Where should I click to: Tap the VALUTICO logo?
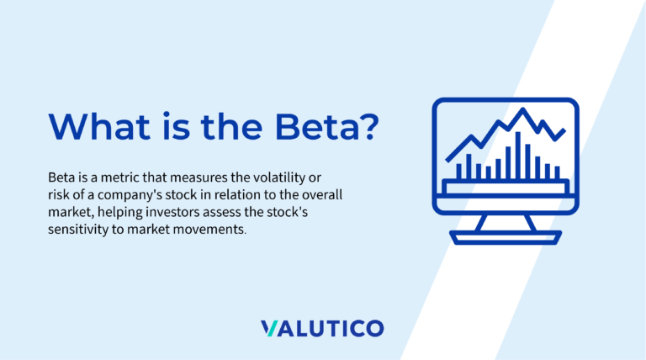[x=322, y=328]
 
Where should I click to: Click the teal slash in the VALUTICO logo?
[x=269, y=328]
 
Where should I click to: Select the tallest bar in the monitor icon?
[x=518, y=156]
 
